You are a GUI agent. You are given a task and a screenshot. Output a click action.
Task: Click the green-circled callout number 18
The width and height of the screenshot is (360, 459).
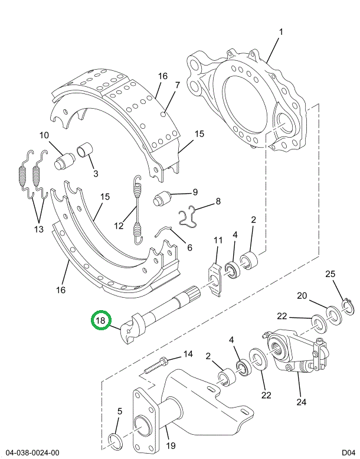(101, 321)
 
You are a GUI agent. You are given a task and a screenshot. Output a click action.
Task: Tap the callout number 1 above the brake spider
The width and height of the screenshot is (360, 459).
(280, 32)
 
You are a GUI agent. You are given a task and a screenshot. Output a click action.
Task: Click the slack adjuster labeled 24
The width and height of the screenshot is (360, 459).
(293, 355)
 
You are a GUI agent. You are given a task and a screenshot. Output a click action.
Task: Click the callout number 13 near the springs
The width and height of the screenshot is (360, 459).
(39, 229)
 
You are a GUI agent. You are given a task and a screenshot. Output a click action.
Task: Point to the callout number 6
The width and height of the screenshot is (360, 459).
(189, 248)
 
